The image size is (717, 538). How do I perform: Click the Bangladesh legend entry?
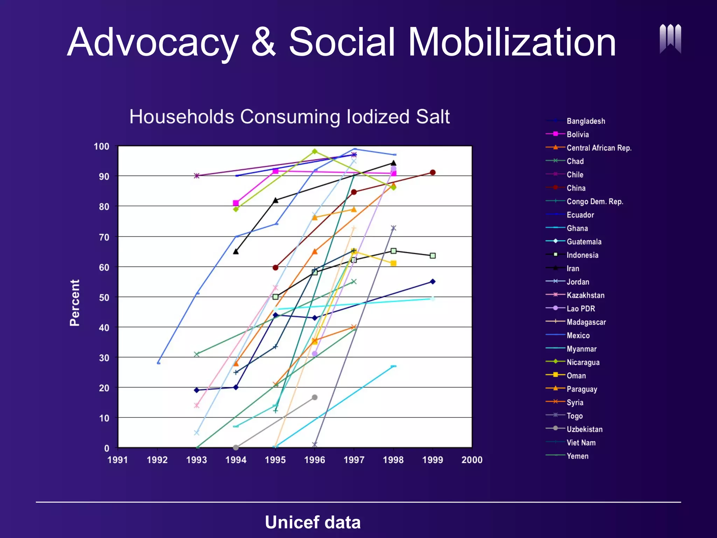point(585,121)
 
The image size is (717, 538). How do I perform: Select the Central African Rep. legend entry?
point(599,148)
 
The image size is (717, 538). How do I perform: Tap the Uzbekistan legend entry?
point(584,429)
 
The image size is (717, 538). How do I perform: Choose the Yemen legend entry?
point(577,456)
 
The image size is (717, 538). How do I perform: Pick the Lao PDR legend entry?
point(580,309)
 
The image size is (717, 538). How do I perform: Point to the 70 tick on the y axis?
point(104,237)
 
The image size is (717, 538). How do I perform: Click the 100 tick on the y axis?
point(102,146)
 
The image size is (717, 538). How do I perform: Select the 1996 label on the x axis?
point(314,460)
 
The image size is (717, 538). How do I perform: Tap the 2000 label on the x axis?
point(472,460)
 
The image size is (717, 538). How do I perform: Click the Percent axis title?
point(75,303)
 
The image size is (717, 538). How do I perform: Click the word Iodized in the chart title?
point(377,117)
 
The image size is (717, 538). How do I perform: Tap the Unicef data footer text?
point(313,522)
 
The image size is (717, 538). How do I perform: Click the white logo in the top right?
point(670,39)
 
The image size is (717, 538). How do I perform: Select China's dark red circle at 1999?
point(433,172)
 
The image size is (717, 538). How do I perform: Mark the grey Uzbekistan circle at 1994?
point(236,448)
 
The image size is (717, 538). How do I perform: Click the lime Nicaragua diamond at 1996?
point(315,151)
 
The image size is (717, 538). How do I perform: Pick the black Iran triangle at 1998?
point(394,163)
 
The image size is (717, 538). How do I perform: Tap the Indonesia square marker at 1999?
point(433,256)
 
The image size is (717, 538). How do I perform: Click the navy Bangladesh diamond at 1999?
point(433,282)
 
